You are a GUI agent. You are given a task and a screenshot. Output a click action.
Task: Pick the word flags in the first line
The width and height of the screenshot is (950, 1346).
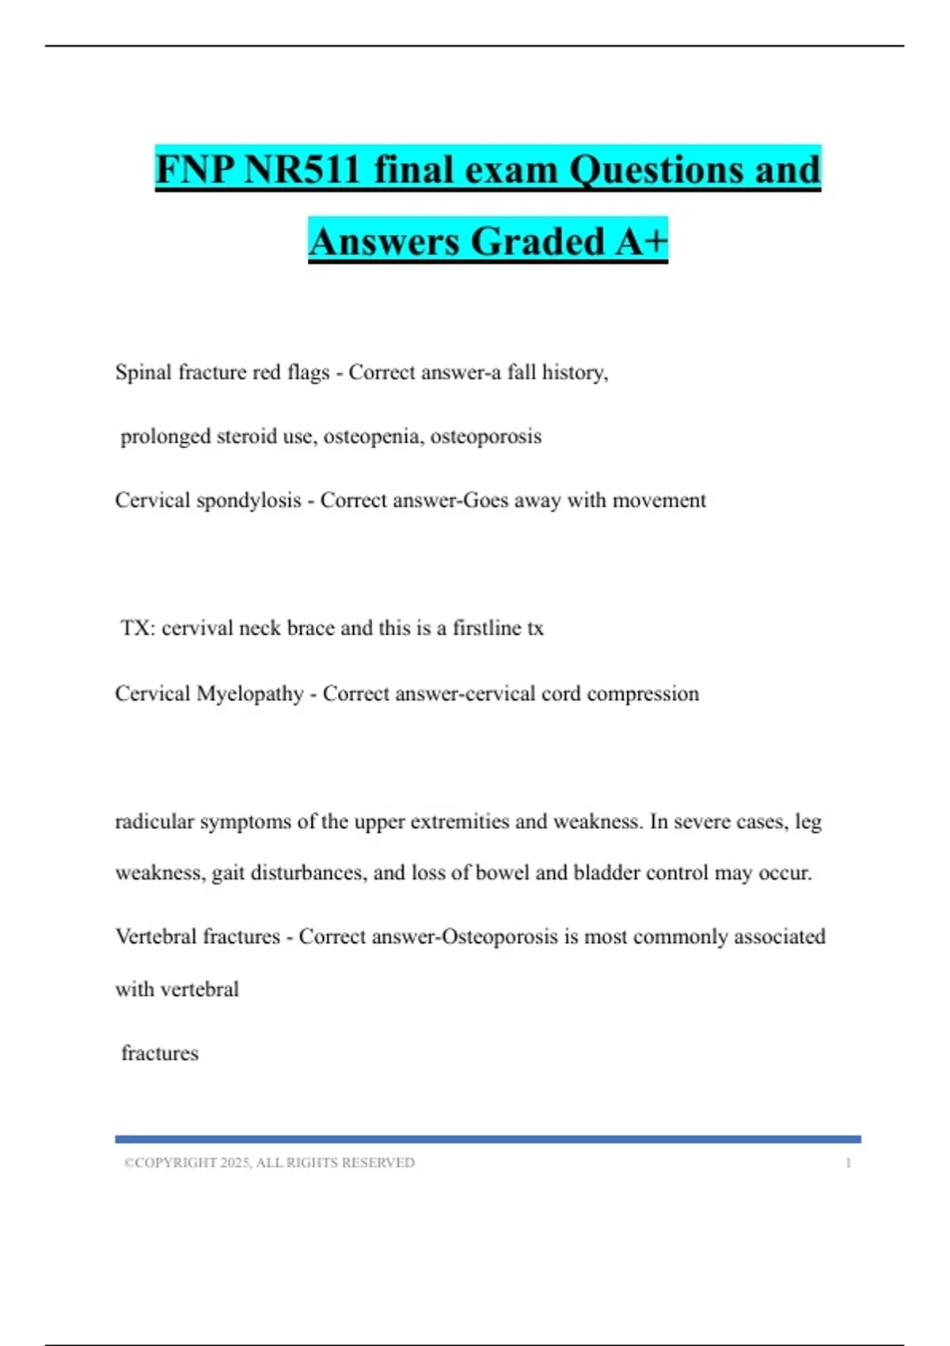(308, 372)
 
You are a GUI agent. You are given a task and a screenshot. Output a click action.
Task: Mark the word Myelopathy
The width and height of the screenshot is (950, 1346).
(249, 694)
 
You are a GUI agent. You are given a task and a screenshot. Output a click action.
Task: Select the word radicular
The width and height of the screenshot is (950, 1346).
(154, 822)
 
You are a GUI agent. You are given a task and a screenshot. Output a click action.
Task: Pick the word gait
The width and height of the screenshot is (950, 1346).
(228, 873)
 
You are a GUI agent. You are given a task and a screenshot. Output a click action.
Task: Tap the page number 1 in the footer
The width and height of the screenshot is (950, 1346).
(848, 1162)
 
